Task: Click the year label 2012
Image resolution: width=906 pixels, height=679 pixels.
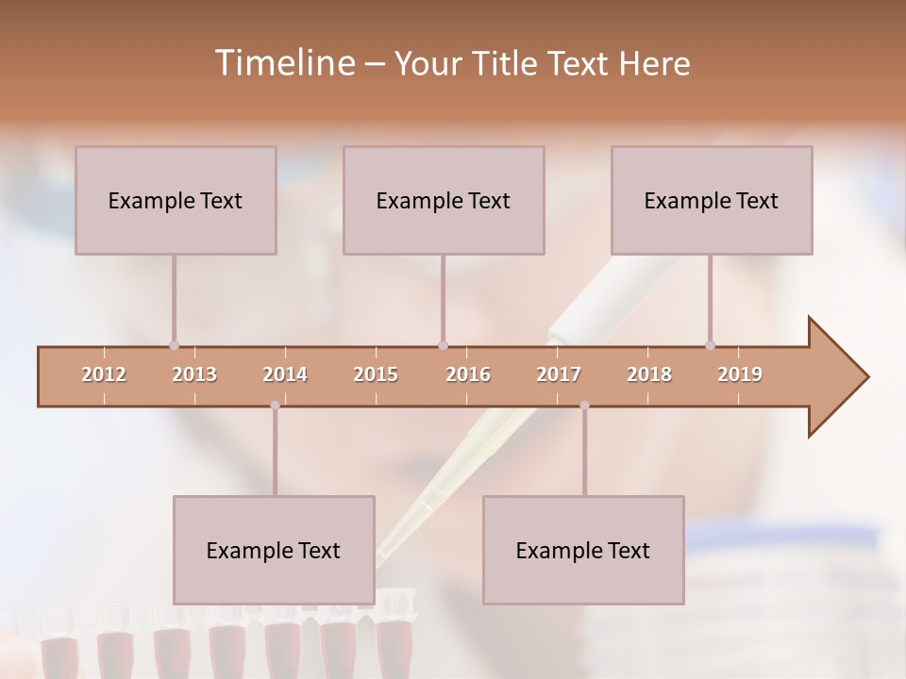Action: point(104,374)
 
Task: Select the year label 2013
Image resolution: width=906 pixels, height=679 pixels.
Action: point(194,374)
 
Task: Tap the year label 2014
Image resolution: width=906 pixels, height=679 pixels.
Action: point(285,374)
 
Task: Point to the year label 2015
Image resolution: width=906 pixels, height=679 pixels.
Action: point(376,374)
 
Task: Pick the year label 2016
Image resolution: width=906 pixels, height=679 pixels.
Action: point(468,374)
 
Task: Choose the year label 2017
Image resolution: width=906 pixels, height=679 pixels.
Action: point(559,374)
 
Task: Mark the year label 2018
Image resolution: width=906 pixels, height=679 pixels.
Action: point(649,374)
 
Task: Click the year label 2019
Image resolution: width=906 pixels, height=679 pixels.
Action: point(740,374)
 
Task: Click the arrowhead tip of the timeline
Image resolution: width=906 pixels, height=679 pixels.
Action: point(866,377)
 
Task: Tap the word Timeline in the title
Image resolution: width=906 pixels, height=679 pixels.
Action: point(283,63)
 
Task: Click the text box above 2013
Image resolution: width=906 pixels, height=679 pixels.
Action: point(176,200)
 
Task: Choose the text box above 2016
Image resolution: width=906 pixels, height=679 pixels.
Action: point(444,200)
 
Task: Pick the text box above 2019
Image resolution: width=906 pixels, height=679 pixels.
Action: point(712,200)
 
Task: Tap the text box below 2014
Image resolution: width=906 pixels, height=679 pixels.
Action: point(274,550)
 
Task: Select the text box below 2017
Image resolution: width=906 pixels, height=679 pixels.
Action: point(583,550)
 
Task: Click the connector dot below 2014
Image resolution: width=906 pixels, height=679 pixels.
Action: point(275,406)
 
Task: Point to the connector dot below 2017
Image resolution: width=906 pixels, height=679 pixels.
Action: point(584,406)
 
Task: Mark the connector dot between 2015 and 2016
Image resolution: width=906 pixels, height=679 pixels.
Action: point(443,346)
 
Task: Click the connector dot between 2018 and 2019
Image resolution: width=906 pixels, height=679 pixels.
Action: point(710,346)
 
